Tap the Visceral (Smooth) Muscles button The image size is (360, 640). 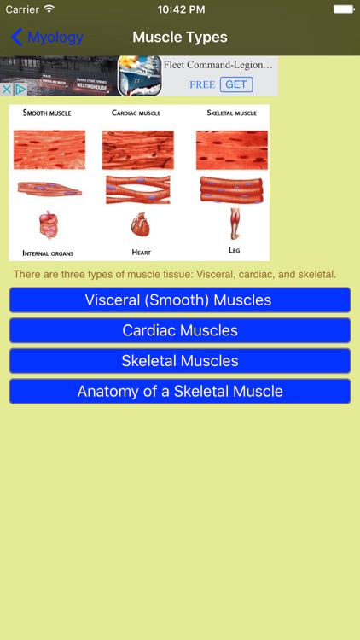coord(179,300)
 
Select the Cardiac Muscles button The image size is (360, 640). coord(179,330)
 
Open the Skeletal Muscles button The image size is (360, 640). coord(179,361)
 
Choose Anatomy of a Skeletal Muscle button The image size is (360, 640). coord(179,392)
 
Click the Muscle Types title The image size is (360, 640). coord(180,38)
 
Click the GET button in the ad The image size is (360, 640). coord(236,84)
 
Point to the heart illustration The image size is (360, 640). coord(140,226)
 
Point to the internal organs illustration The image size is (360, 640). coord(49,225)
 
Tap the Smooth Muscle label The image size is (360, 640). coord(47,113)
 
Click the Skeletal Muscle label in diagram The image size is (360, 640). coord(232,113)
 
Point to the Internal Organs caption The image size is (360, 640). coord(48,253)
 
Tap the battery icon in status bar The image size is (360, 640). coord(343,9)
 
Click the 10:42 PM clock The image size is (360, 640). coord(180,9)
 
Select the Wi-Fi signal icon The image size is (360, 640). coord(49,9)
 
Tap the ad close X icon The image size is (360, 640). coord(7,89)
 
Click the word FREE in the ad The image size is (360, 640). coord(202,84)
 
